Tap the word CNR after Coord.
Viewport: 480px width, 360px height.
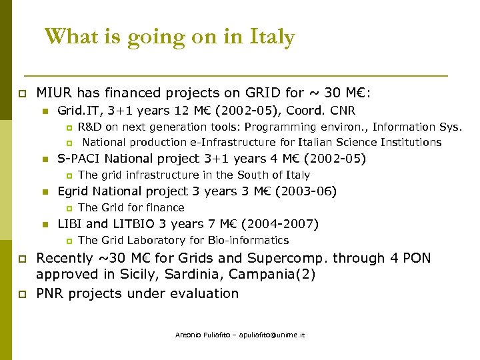click(342, 111)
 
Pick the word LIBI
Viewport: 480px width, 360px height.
click(70, 224)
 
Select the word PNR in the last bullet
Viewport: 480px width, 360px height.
click(51, 293)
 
